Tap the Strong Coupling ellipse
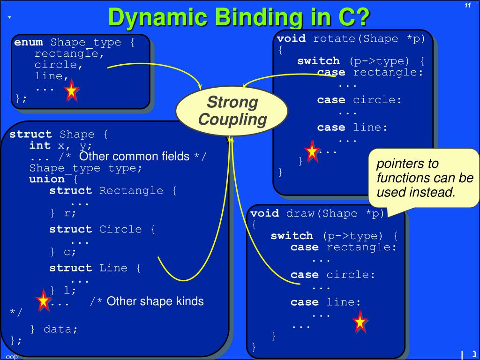pyautogui.click(x=232, y=111)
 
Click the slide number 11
pyautogui.click(x=467, y=5)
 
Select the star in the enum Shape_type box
pyautogui.click(x=72, y=90)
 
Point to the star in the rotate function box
pyautogui.click(x=312, y=151)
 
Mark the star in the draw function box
pyautogui.click(x=360, y=322)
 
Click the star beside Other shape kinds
pyautogui.click(x=44, y=300)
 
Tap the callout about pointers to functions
pyautogui.click(x=424, y=178)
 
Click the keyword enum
pyautogui.click(x=29, y=43)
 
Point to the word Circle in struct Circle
pyautogui.click(x=120, y=229)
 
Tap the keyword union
pyautogui.click(x=47, y=180)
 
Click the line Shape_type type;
pyautogui.click(x=85, y=168)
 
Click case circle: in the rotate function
pyautogui.click(x=360, y=100)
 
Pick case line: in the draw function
pyautogui.click(x=326, y=302)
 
